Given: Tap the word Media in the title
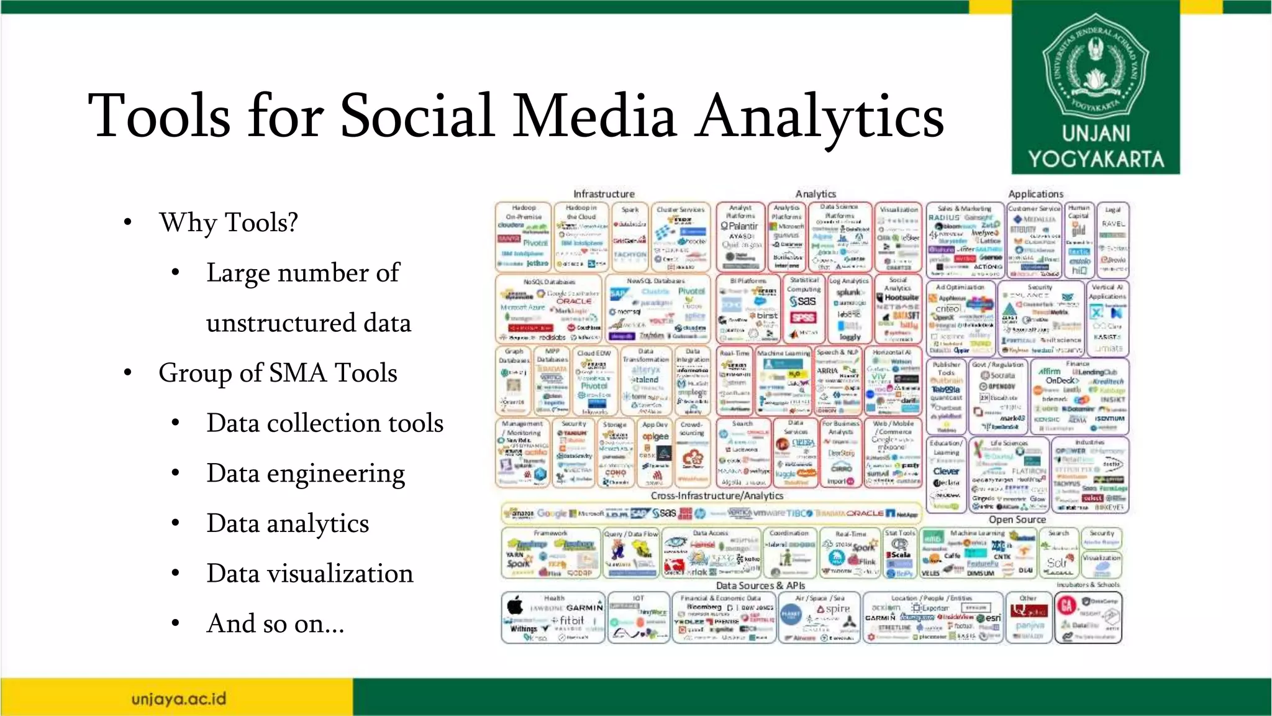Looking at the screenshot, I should point(594,116).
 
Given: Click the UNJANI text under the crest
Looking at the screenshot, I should point(1096,133).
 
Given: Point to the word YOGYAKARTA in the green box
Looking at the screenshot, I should point(1096,159).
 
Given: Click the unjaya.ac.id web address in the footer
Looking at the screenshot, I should point(179,699).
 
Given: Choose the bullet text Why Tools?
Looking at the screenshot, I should point(229,223).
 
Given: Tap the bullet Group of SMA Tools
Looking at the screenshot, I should point(278,373).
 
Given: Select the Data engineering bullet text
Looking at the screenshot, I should point(306,474).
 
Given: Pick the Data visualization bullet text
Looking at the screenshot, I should point(310,574).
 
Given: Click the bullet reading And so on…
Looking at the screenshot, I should point(275,623).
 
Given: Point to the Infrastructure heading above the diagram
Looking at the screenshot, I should point(604,194).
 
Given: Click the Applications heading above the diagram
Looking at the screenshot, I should point(1035,194).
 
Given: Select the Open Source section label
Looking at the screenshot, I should point(1017,520).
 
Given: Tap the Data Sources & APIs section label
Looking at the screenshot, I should point(760,585).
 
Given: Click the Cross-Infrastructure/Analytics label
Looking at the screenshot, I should point(717,496).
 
